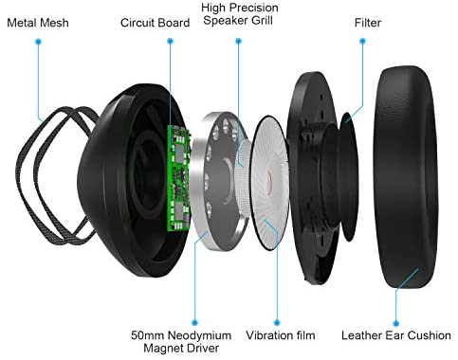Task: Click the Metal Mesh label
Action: [38, 23]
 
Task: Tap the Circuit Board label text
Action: [155, 23]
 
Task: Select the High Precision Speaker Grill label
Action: [240, 14]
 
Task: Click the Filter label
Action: [368, 23]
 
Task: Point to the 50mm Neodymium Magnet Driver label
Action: [181, 342]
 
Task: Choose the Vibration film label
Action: [281, 335]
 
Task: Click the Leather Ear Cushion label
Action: [396, 335]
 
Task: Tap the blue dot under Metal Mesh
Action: [39, 42]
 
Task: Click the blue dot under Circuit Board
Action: [170, 41]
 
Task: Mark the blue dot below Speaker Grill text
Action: [239, 41]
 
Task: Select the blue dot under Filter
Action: [363, 41]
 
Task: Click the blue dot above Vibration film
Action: [277, 322]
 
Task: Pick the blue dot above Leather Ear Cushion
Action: [395, 323]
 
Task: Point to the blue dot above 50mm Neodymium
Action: [194, 322]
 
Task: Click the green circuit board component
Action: [178, 178]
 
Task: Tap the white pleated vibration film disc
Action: [270, 183]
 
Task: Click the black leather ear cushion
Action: [406, 177]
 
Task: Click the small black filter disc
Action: [349, 177]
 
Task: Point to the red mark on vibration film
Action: [269, 182]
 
